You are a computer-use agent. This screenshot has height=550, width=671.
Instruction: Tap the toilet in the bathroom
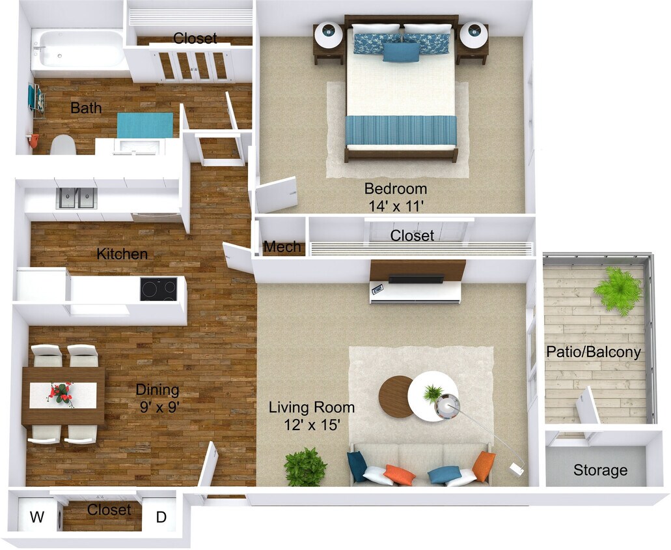tap(63, 145)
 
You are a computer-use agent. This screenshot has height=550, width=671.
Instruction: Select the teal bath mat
tap(145, 125)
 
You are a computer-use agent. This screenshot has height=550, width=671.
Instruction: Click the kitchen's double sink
tap(77, 197)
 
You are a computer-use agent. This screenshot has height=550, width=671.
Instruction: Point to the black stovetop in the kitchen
tap(158, 289)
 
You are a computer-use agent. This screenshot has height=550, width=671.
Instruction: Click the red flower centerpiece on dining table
tap(62, 393)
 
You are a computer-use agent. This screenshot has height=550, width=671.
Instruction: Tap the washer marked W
tap(38, 517)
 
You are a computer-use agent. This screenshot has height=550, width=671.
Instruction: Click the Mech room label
tap(282, 247)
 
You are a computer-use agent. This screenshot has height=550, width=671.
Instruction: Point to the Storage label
tap(600, 470)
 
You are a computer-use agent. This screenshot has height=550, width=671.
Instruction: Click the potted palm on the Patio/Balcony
tap(618, 290)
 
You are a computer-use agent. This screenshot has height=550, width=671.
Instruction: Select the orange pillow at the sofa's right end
tap(484, 467)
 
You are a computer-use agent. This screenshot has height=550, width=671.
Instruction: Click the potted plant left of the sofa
tap(305, 467)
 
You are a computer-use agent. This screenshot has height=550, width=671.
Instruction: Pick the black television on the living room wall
tap(416, 280)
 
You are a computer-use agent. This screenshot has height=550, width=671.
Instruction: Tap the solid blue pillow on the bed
tap(401, 52)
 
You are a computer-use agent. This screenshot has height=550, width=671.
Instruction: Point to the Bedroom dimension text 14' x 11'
tap(396, 206)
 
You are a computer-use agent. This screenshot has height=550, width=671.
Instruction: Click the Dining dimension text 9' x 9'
tap(157, 407)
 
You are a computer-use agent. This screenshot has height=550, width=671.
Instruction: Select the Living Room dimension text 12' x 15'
tap(312, 424)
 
